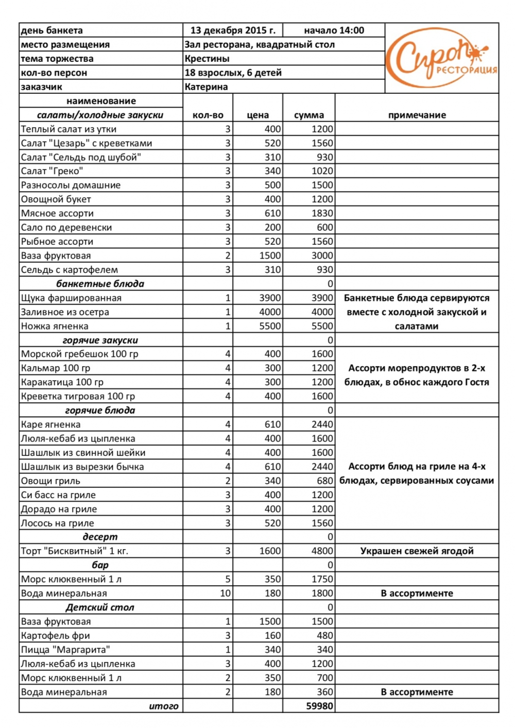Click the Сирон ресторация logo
click(x=441, y=58)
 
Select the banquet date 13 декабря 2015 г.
click(x=233, y=30)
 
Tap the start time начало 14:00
click(x=334, y=30)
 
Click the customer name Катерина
click(x=206, y=87)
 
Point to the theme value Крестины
click(x=207, y=59)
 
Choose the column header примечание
click(x=417, y=115)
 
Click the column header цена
click(x=257, y=115)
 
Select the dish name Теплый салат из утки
click(x=68, y=129)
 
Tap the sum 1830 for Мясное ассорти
click(x=322, y=213)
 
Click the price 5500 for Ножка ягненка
click(x=270, y=326)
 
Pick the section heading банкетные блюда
click(x=100, y=284)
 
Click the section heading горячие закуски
click(x=100, y=340)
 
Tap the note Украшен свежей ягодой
click(x=417, y=551)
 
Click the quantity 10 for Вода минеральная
click(x=225, y=593)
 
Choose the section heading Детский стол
click(x=100, y=607)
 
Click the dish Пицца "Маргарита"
click(x=65, y=650)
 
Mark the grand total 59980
click(x=319, y=706)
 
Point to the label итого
click(x=163, y=706)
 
